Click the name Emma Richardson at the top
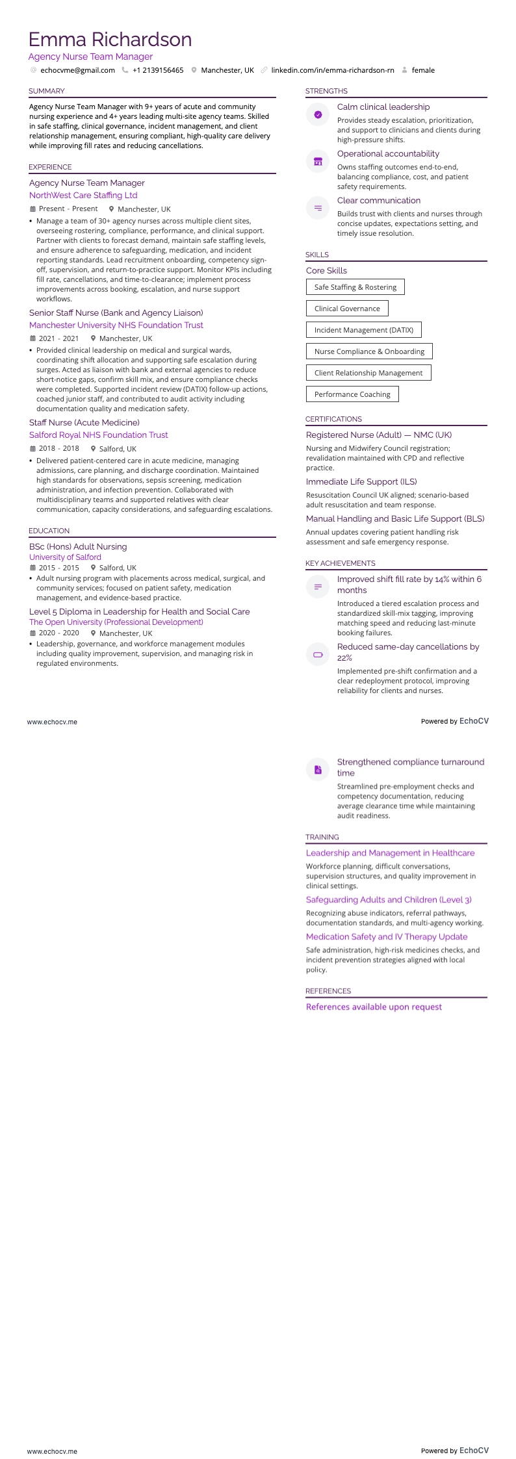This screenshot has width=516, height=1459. (x=110, y=40)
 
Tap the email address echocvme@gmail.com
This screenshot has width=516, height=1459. (x=77, y=70)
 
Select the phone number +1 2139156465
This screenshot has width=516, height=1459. (x=158, y=70)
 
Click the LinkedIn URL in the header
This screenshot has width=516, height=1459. (x=332, y=70)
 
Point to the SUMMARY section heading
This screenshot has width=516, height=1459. (x=47, y=91)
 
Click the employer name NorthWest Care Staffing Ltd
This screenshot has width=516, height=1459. (x=83, y=195)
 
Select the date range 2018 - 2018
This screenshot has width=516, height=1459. (x=58, y=448)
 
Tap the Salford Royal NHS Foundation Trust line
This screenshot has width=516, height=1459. (x=98, y=435)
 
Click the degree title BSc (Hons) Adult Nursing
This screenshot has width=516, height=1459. (x=78, y=546)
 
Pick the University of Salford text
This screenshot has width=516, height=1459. (x=65, y=557)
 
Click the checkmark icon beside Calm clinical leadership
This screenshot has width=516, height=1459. (x=318, y=114)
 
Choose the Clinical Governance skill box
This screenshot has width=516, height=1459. (x=347, y=309)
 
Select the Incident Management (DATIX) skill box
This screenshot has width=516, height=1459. (x=363, y=330)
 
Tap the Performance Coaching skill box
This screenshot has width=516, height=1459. (x=352, y=394)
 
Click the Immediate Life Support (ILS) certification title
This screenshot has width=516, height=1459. (x=361, y=481)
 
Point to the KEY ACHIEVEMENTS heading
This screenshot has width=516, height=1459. (x=341, y=563)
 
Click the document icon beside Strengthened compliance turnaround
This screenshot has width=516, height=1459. (x=318, y=770)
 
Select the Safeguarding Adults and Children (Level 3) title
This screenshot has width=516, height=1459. (x=389, y=900)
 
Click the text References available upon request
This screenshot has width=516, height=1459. (x=374, y=1007)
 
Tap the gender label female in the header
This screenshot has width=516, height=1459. (x=423, y=70)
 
